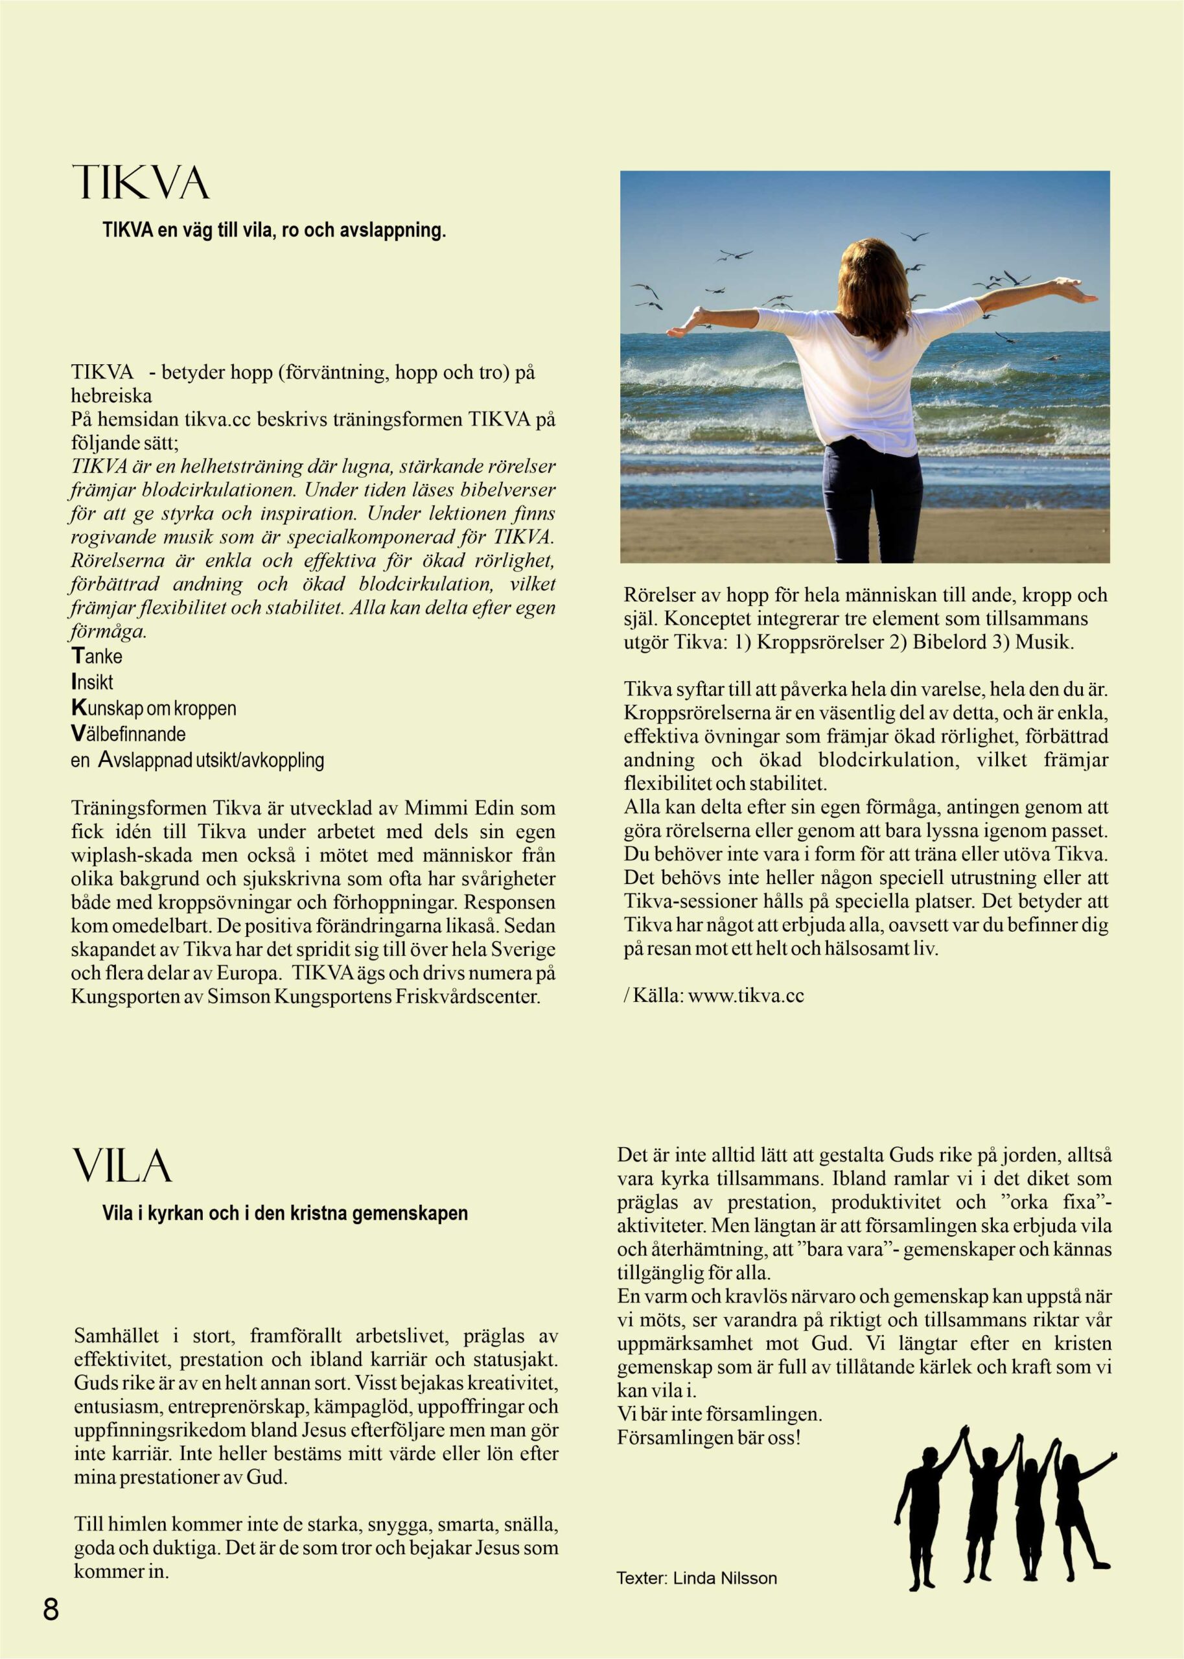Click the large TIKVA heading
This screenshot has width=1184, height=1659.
point(141,183)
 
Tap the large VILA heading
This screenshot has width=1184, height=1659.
point(122,1166)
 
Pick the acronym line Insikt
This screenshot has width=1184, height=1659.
point(92,682)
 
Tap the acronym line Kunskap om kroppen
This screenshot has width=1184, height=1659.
point(153,708)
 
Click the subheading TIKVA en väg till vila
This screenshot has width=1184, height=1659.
point(273,232)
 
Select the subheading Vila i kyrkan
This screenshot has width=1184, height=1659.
point(284,1214)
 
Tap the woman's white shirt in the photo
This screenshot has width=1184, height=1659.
point(868,372)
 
